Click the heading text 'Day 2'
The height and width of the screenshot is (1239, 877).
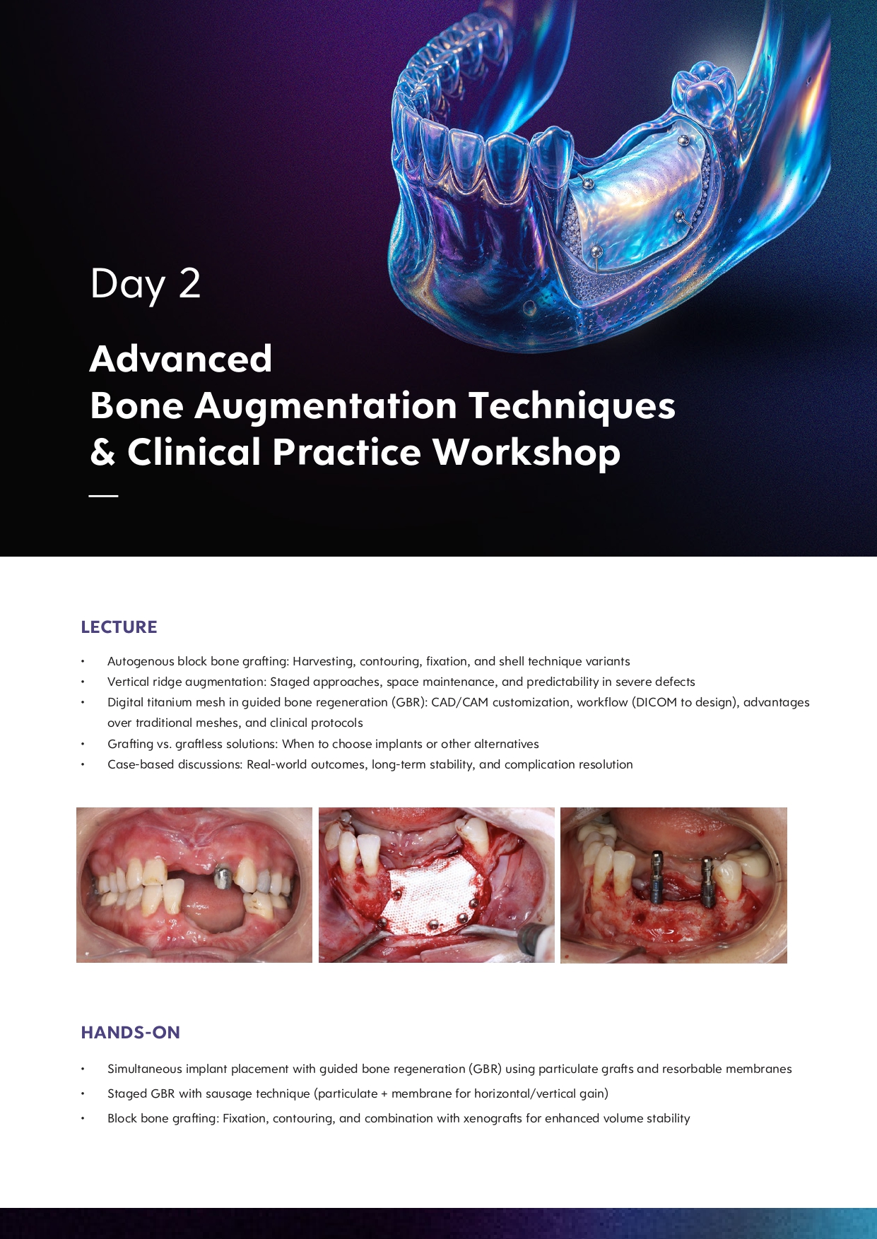tap(146, 284)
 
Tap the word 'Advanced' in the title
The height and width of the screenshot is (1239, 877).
tap(181, 359)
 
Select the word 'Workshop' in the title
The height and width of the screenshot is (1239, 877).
tap(526, 453)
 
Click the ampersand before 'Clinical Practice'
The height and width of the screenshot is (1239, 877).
tap(102, 453)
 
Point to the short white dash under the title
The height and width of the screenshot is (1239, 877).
tap(103, 496)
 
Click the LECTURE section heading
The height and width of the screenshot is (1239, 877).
tap(119, 627)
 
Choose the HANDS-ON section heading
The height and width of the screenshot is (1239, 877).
tap(131, 1033)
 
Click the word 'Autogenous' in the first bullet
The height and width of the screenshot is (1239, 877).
tap(141, 662)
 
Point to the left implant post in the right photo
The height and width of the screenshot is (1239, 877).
tap(657, 877)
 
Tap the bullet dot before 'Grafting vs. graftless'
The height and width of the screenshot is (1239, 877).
tap(83, 745)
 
